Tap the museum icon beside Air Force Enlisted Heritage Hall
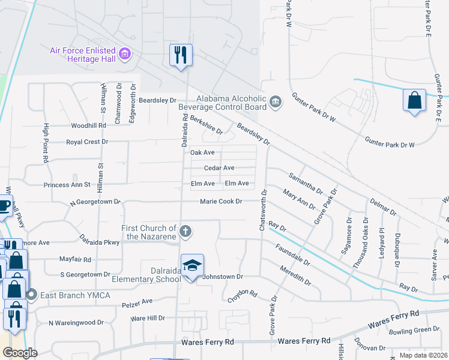pos(125,55)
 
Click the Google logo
pos(19,352)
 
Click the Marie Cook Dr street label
pos(221,202)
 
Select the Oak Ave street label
pos(202,153)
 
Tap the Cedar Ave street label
pos(219,169)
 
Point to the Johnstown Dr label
pos(222,277)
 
